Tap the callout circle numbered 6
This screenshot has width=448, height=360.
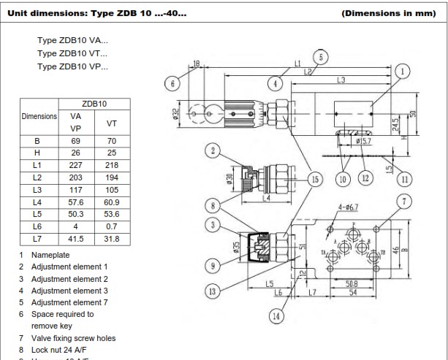(x=172, y=83)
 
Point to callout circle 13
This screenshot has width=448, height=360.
(x=213, y=291)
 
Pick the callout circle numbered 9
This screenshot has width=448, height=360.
(x=213, y=264)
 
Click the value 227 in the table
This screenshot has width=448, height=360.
(x=75, y=165)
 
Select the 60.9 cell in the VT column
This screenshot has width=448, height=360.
(x=112, y=202)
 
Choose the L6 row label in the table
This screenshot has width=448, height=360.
(x=37, y=226)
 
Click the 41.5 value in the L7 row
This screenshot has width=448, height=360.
(x=75, y=239)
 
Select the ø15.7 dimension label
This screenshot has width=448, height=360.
(x=365, y=141)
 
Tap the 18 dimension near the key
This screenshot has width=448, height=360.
(x=196, y=64)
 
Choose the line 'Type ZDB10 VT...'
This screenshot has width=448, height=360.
(x=72, y=53)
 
